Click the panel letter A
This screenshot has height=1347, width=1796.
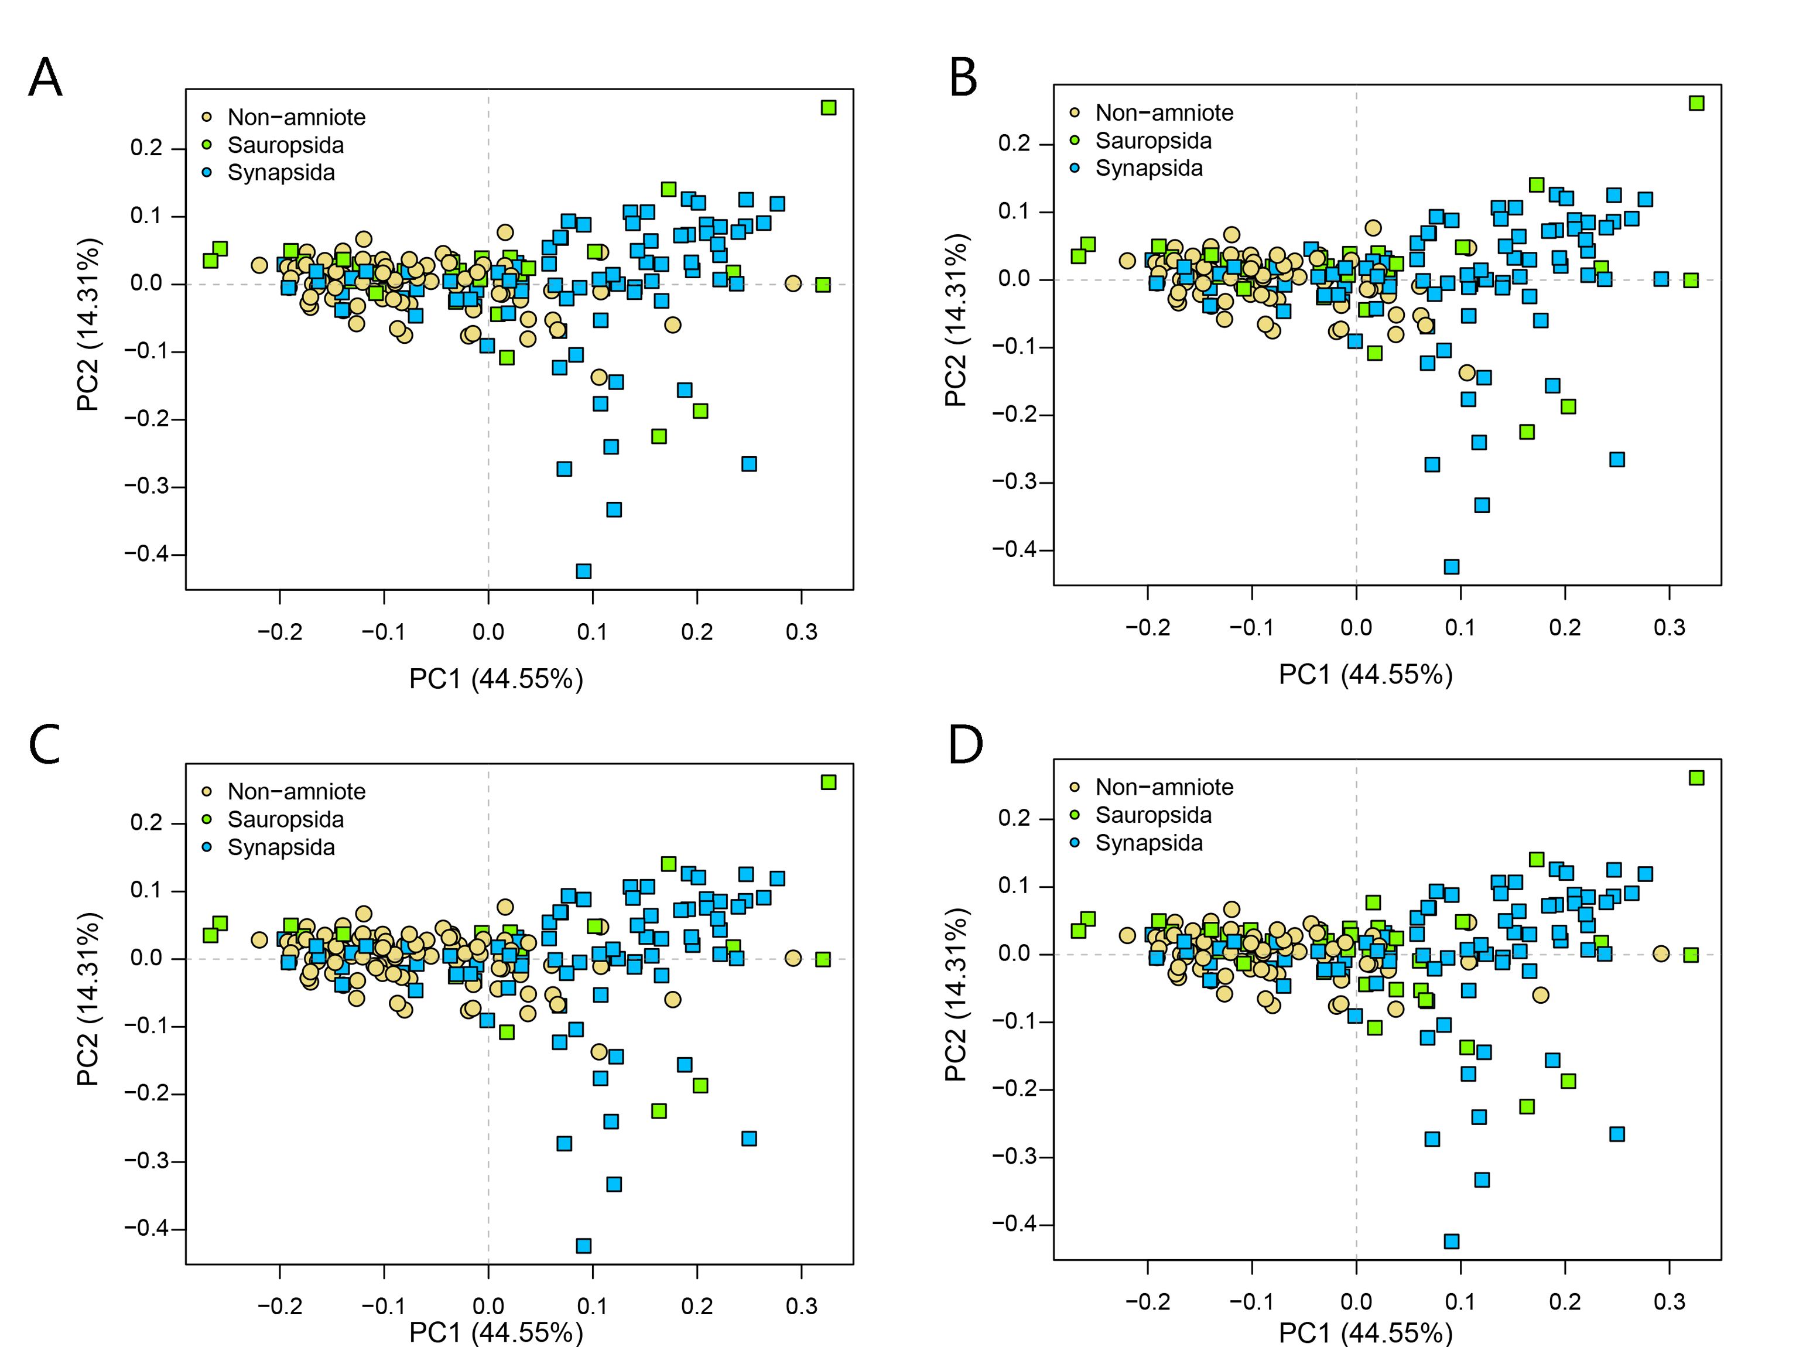(x=46, y=78)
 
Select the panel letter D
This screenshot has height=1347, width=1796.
(x=966, y=744)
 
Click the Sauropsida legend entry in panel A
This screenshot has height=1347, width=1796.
(x=285, y=145)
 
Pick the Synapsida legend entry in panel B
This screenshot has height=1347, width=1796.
(x=1148, y=168)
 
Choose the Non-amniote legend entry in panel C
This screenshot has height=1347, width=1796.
(x=296, y=792)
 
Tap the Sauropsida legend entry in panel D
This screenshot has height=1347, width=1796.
(x=1153, y=815)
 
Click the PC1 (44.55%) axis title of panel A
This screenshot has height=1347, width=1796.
(x=496, y=679)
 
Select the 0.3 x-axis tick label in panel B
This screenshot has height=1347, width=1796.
(x=1670, y=628)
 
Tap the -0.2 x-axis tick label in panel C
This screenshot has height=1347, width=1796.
(x=279, y=1307)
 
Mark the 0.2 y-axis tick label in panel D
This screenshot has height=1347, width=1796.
(x=1014, y=818)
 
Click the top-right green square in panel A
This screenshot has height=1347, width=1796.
(x=828, y=108)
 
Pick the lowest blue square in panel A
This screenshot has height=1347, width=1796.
(x=583, y=572)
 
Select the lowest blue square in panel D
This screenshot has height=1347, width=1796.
(x=1452, y=1242)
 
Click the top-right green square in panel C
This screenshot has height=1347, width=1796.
(x=828, y=782)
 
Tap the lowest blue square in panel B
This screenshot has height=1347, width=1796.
(x=1452, y=567)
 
